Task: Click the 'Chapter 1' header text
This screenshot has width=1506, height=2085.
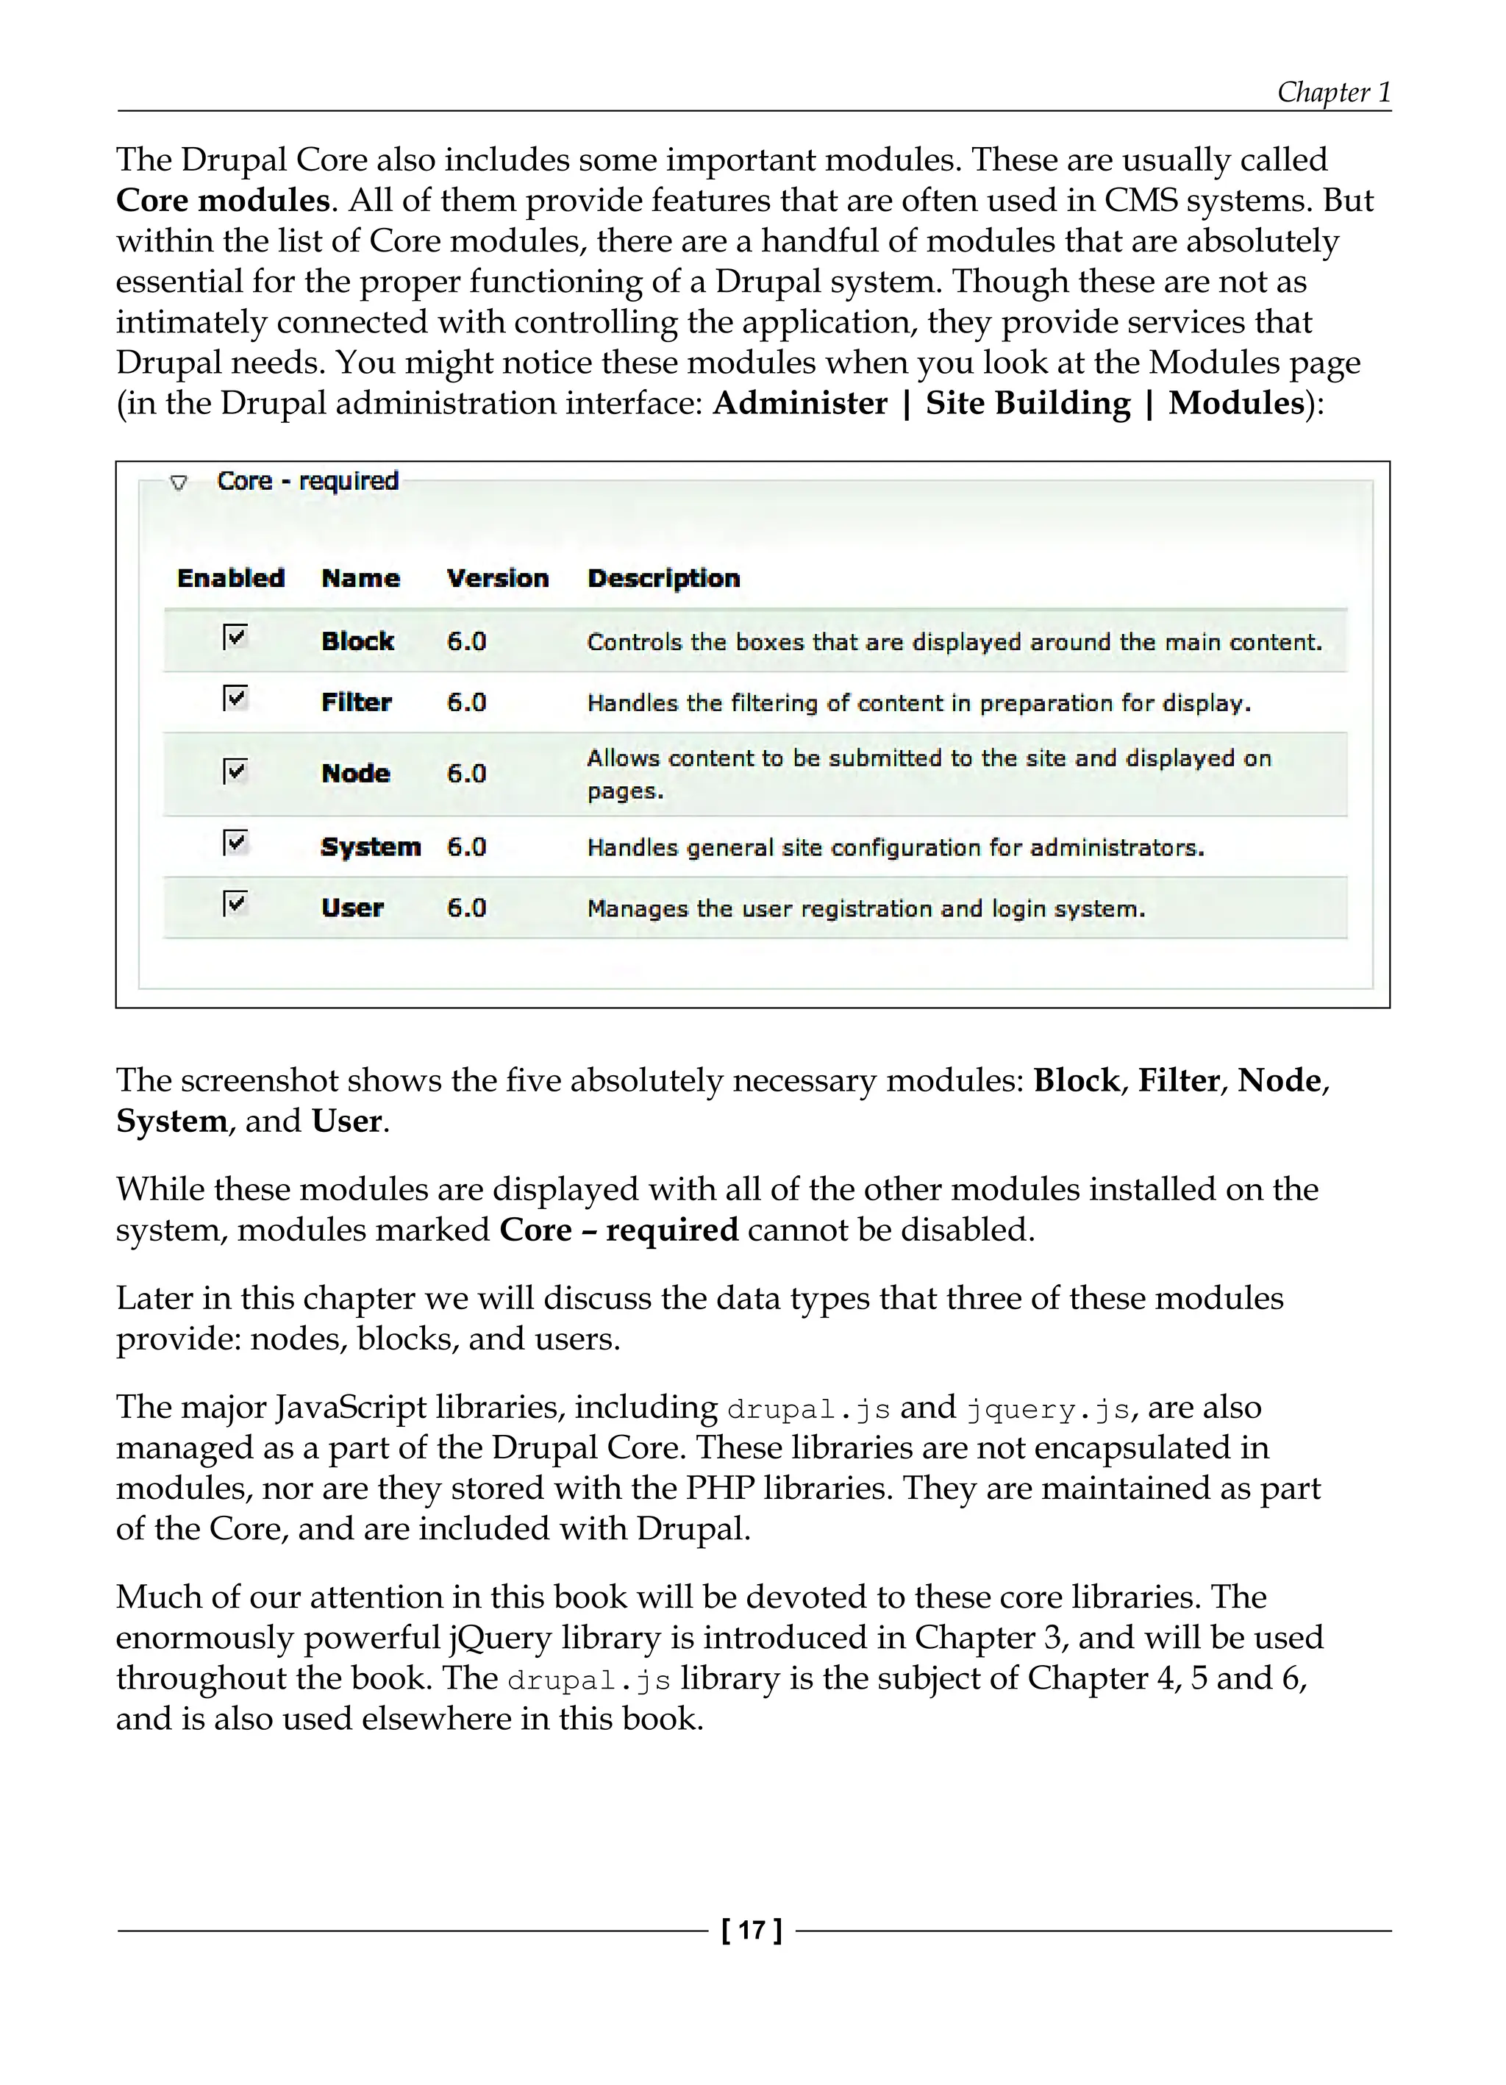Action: (x=1333, y=92)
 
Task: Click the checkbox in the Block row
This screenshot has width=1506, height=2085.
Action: (x=235, y=637)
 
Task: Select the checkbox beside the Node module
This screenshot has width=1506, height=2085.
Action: (x=235, y=771)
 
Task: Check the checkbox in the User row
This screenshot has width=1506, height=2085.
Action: (x=235, y=904)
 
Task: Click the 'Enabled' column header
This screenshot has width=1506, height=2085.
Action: (x=231, y=578)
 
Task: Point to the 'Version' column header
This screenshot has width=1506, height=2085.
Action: (x=497, y=578)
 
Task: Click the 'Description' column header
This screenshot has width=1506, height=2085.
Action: (x=664, y=578)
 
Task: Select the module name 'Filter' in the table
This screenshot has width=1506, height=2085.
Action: (x=357, y=702)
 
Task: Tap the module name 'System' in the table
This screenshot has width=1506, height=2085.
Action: (x=371, y=847)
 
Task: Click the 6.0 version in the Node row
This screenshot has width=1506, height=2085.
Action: (x=466, y=773)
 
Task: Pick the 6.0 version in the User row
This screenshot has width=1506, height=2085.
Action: (x=466, y=908)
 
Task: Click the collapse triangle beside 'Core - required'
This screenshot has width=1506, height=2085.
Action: (x=179, y=482)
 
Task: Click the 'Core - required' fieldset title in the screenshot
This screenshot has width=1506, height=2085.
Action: (x=307, y=481)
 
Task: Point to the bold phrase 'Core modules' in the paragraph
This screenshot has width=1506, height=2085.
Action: (x=223, y=200)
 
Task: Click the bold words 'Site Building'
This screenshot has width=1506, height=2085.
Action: (x=1027, y=404)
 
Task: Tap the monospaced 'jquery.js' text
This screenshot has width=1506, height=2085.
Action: (x=1047, y=1409)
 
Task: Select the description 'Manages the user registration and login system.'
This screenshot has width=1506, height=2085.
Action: (x=866, y=909)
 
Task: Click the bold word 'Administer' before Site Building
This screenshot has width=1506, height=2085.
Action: (x=800, y=404)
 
